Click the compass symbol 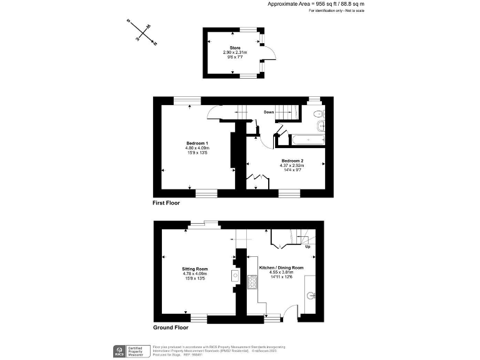point(142,32)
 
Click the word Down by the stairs point(269,112)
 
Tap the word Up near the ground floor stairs point(307,247)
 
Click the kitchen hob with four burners point(253,283)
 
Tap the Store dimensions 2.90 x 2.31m point(236,52)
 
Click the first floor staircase point(287,112)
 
